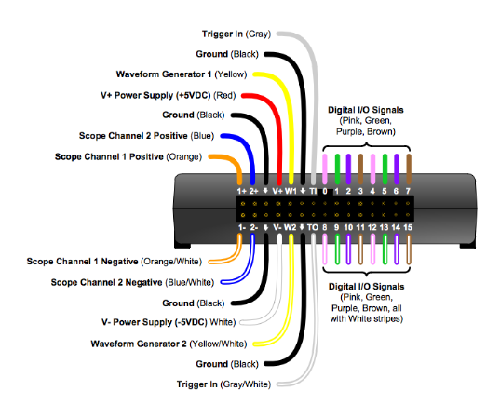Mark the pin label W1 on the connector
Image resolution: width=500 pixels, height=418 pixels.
tap(291, 191)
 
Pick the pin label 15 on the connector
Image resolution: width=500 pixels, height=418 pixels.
tap(408, 225)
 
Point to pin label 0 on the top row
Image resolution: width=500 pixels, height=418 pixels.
tap(325, 191)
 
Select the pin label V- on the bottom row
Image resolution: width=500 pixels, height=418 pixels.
tap(277, 225)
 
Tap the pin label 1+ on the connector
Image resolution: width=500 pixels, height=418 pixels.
tap(241, 191)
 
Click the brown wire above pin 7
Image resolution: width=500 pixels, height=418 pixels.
tap(407, 168)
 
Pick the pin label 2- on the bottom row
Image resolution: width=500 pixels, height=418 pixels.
tap(254, 225)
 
